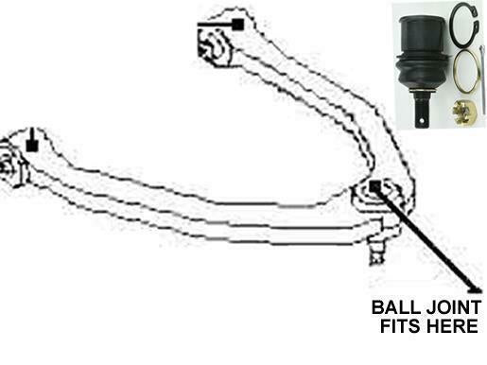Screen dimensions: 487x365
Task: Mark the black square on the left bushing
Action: point(34,145)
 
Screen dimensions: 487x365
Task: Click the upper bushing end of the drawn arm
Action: point(213,42)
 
